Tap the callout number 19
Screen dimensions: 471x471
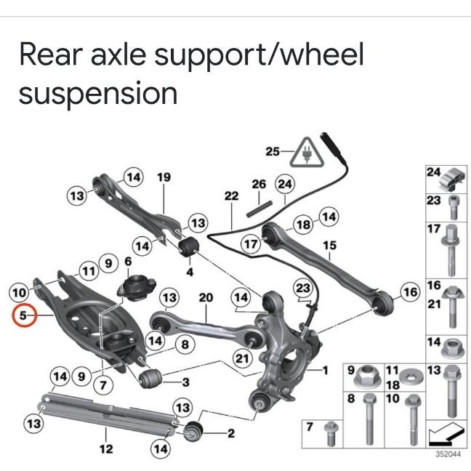164,177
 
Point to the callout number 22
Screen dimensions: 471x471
231,196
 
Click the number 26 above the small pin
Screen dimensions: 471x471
259,184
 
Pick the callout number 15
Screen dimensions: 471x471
330,246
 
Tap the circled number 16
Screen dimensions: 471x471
411,292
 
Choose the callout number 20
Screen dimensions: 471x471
206,297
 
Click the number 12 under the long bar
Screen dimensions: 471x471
106,448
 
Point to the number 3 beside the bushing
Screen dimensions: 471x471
185,382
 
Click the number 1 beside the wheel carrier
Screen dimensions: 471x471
326,370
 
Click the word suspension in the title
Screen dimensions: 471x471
98,94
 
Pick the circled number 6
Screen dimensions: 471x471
128,262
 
